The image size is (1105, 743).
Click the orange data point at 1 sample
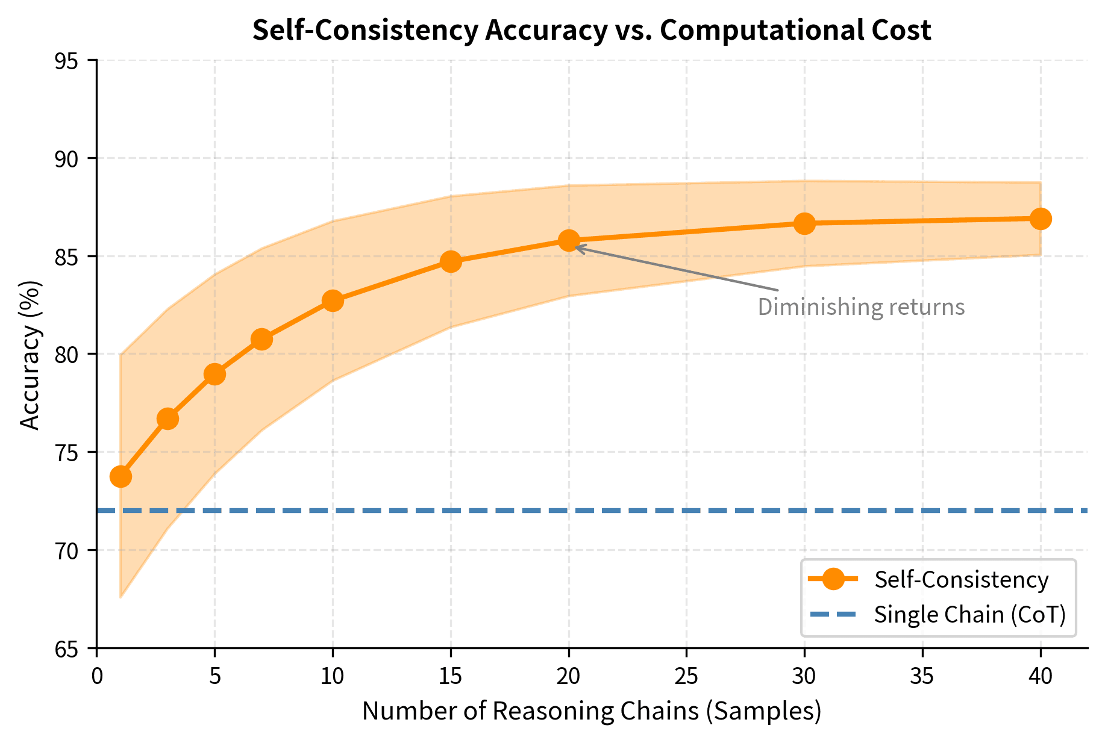point(121,476)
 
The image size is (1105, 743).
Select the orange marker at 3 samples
point(167,418)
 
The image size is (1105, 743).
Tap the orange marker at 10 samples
point(333,300)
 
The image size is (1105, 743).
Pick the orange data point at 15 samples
point(451,261)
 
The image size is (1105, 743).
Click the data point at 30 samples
point(804,223)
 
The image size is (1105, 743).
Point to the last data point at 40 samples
point(1041,219)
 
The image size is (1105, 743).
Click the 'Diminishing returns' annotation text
point(860,307)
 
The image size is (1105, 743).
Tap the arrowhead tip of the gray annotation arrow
point(575,246)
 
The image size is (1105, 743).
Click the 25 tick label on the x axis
point(686,677)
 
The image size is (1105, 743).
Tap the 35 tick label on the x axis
point(922,677)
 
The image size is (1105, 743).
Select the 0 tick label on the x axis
point(96,677)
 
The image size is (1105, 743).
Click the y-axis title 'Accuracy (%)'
point(30,355)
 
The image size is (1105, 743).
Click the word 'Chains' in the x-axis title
point(665,711)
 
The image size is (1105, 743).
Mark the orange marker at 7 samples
point(261,339)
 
